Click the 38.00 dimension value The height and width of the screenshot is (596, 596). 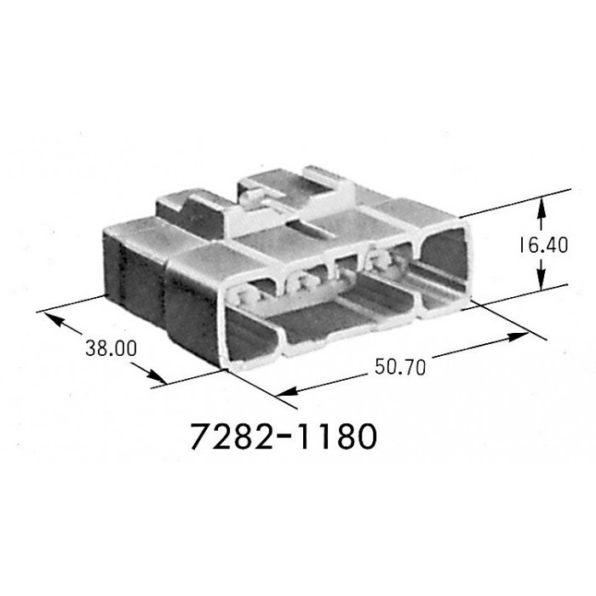tap(111, 348)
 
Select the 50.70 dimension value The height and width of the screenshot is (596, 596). tap(400, 367)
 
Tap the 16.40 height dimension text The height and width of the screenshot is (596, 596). tap(543, 245)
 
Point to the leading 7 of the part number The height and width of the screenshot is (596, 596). tap(202, 437)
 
